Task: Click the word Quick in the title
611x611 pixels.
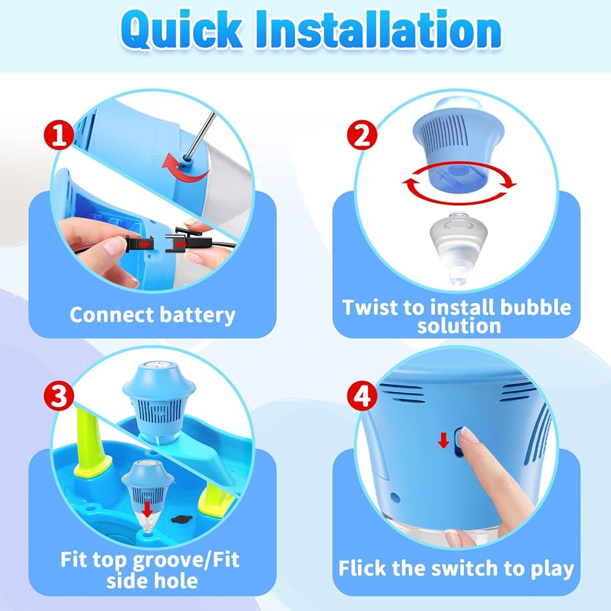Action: point(181,29)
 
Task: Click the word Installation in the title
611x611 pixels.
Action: point(378,29)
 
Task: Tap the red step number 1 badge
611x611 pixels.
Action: point(59,135)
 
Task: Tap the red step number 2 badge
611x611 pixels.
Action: point(362,135)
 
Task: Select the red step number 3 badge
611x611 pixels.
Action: point(59,396)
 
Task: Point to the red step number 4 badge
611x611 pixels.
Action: point(362,396)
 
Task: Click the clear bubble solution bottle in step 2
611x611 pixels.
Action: point(459,248)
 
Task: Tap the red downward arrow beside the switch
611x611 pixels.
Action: point(444,441)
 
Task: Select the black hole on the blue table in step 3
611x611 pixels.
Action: point(181,519)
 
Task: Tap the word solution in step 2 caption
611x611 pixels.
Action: point(459,326)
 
